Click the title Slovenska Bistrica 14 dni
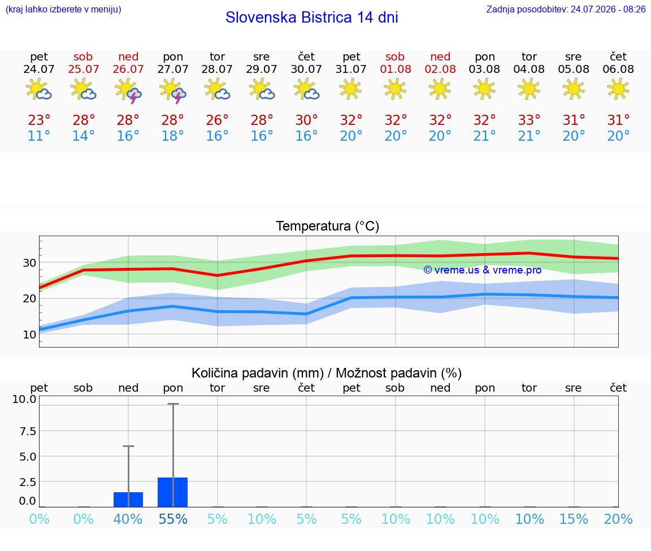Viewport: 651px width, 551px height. (312, 18)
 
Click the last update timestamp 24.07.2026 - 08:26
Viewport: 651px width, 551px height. (608, 9)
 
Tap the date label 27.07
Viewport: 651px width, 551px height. (173, 69)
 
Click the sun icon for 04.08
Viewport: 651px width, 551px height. (529, 89)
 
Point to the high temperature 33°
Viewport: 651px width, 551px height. (529, 120)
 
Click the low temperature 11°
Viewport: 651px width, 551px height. (39, 136)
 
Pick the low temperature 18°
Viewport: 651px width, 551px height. (173, 136)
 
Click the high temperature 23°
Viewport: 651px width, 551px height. (39, 120)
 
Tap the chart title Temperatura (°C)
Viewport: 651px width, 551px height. (328, 226)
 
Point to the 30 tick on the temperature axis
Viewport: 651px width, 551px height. (29, 263)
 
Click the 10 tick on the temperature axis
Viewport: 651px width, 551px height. (29, 334)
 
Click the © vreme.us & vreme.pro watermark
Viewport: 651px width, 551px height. (483, 270)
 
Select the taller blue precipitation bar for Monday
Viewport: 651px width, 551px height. (173, 492)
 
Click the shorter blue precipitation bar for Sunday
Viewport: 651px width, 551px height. (128, 500)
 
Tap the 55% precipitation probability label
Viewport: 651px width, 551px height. (173, 519)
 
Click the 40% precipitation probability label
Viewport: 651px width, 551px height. (128, 519)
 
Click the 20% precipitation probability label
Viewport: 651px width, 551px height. (618, 519)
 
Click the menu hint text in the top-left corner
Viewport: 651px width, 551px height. (63, 9)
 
